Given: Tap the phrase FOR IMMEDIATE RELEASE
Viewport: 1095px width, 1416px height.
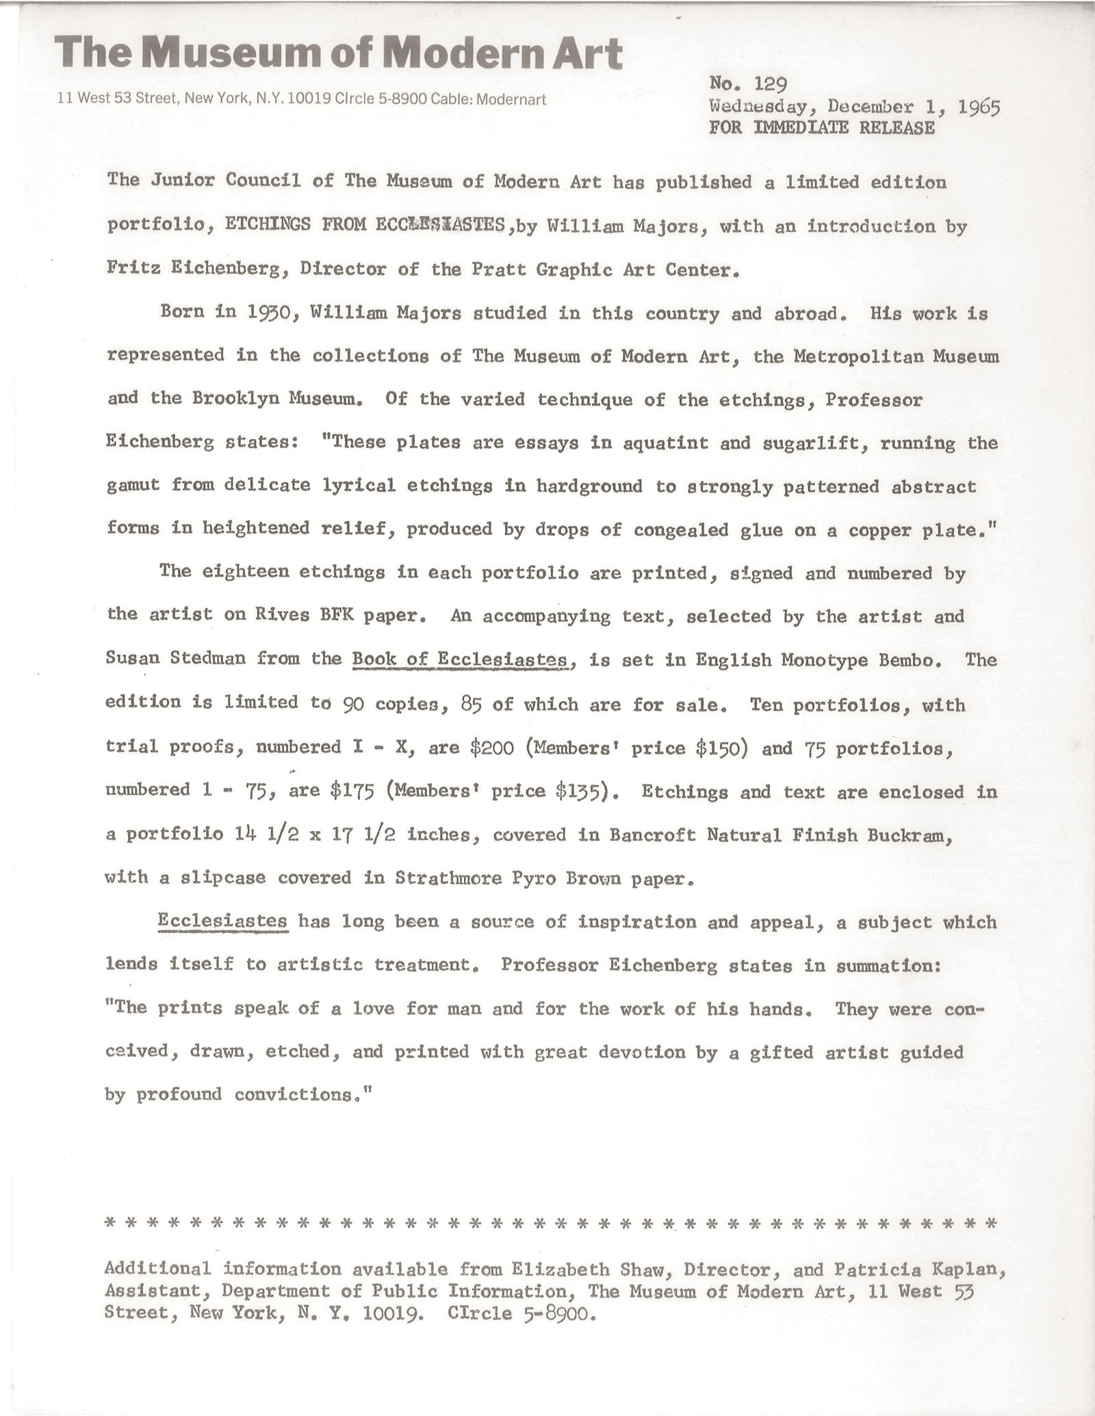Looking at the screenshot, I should (x=821, y=128).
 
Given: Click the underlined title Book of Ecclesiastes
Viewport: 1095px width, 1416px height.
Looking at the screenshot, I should (x=461, y=659).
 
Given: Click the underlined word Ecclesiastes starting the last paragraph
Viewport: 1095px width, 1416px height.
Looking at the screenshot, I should (x=222, y=921).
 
